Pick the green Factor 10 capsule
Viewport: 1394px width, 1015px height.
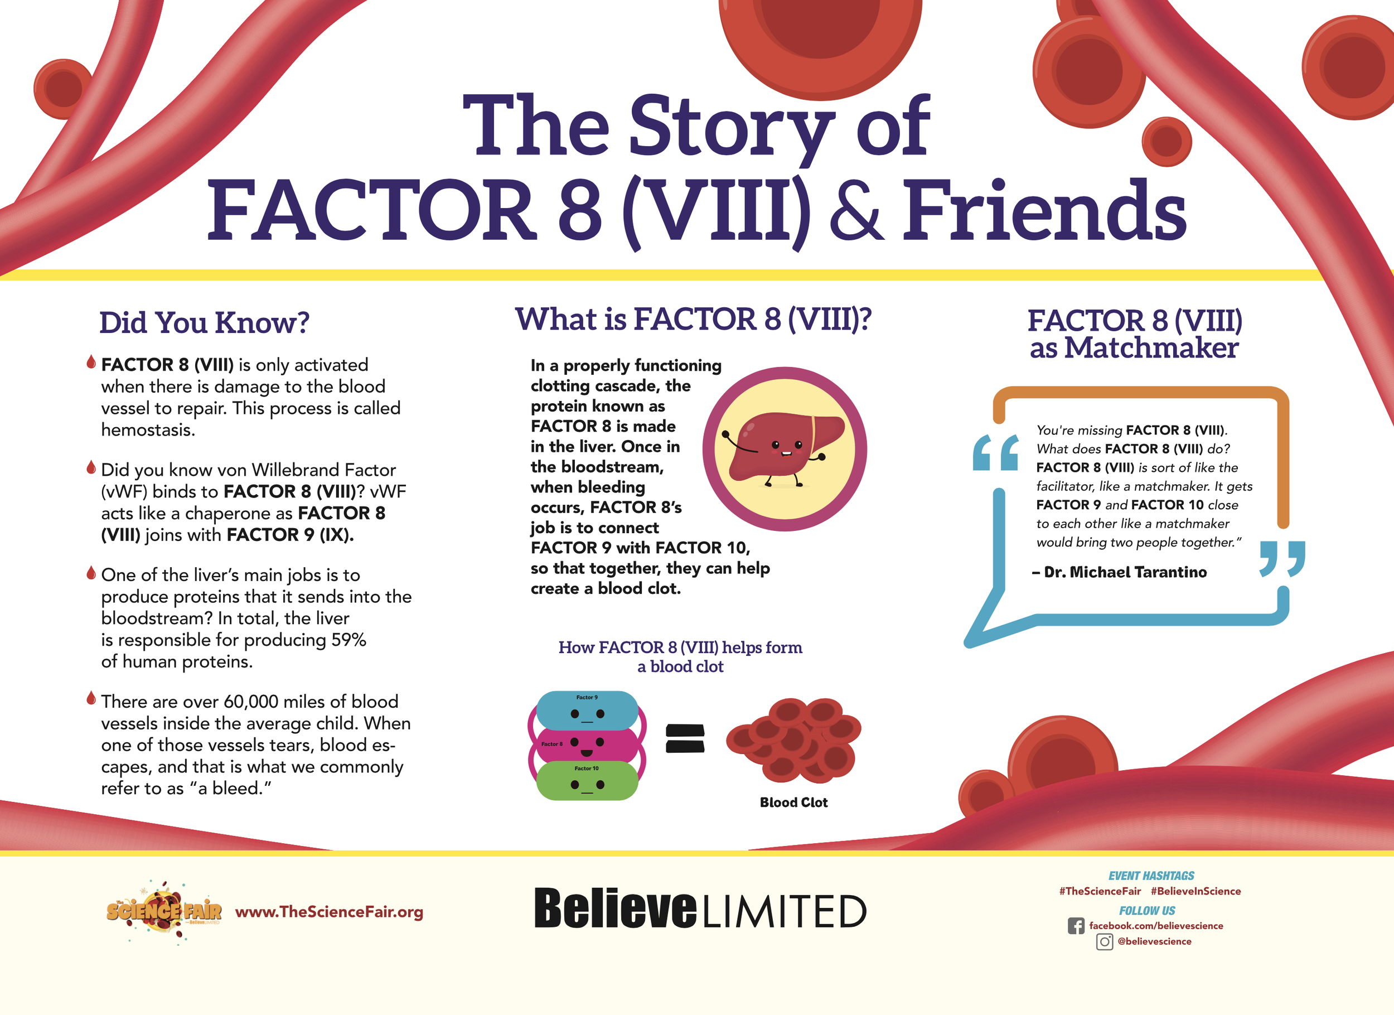click(x=587, y=781)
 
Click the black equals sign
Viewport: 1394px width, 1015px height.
click(x=685, y=738)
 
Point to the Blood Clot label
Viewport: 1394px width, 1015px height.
click(x=793, y=803)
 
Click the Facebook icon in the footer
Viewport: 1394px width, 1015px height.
click(x=1076, y=926)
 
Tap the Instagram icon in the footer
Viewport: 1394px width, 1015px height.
click(x=1105, y=942)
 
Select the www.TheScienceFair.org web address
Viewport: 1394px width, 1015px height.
click(x=329, y=912)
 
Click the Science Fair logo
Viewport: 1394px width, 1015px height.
click(x=163, y=912)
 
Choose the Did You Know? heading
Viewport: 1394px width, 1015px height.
click(x=204, y=323)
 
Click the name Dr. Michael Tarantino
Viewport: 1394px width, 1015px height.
click(x=1125, y=572)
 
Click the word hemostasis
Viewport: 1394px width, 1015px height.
click(x=148, y=430)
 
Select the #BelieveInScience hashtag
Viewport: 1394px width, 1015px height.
click(x=1195, y=891)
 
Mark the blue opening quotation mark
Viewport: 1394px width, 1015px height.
click(x=995, y=452)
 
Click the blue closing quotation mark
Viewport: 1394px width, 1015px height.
click(x=1282, y=559)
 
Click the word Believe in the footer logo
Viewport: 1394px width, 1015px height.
click(x=615, y=908)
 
